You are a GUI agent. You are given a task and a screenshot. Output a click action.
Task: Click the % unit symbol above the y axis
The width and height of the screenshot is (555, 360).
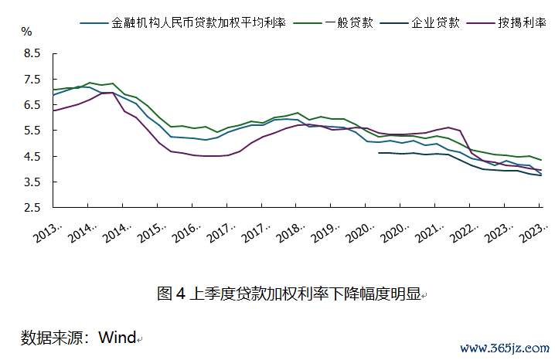(26, 32)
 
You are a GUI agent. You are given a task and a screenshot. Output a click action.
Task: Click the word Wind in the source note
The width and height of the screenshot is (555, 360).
(117, 338)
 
